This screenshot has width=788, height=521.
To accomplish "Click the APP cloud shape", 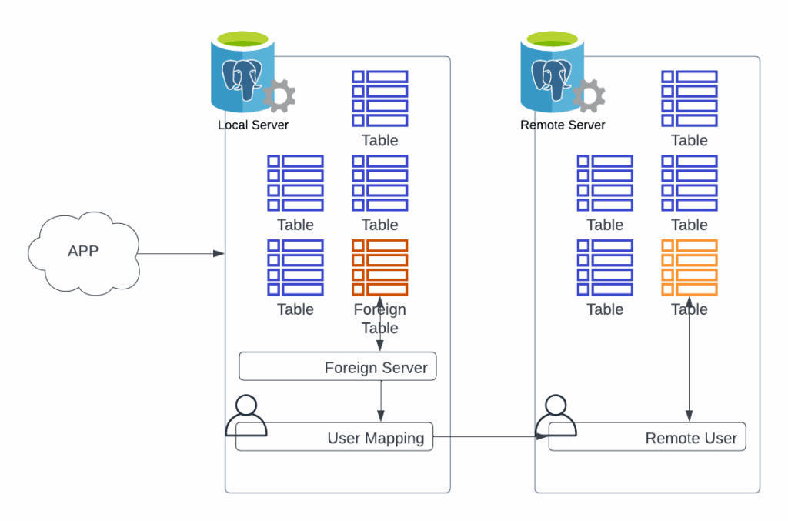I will point(83,252).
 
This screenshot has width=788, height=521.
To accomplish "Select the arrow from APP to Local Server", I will point(181,253).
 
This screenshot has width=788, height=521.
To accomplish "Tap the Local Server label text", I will point(253,125).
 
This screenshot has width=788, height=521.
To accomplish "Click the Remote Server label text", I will point(563,125).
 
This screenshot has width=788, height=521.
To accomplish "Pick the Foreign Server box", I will point(338,367).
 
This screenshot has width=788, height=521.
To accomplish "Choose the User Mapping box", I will point(334,437).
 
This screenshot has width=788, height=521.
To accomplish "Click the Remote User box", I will point(646,437).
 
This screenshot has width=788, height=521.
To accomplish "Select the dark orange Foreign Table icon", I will point(379,267).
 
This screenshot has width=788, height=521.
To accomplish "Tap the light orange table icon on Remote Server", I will point(689,267).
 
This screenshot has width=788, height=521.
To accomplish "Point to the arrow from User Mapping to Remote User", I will point(485,437).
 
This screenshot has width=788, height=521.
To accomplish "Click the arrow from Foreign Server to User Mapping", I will point(381,401).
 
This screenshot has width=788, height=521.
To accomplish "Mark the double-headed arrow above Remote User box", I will point(689,362).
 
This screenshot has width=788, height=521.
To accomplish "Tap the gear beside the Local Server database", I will point(279,96).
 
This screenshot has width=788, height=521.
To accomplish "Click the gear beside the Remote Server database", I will point(589,96).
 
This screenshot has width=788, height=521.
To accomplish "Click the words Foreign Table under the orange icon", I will point(379,319).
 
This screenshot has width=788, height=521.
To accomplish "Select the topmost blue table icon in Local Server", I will point(379,99).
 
